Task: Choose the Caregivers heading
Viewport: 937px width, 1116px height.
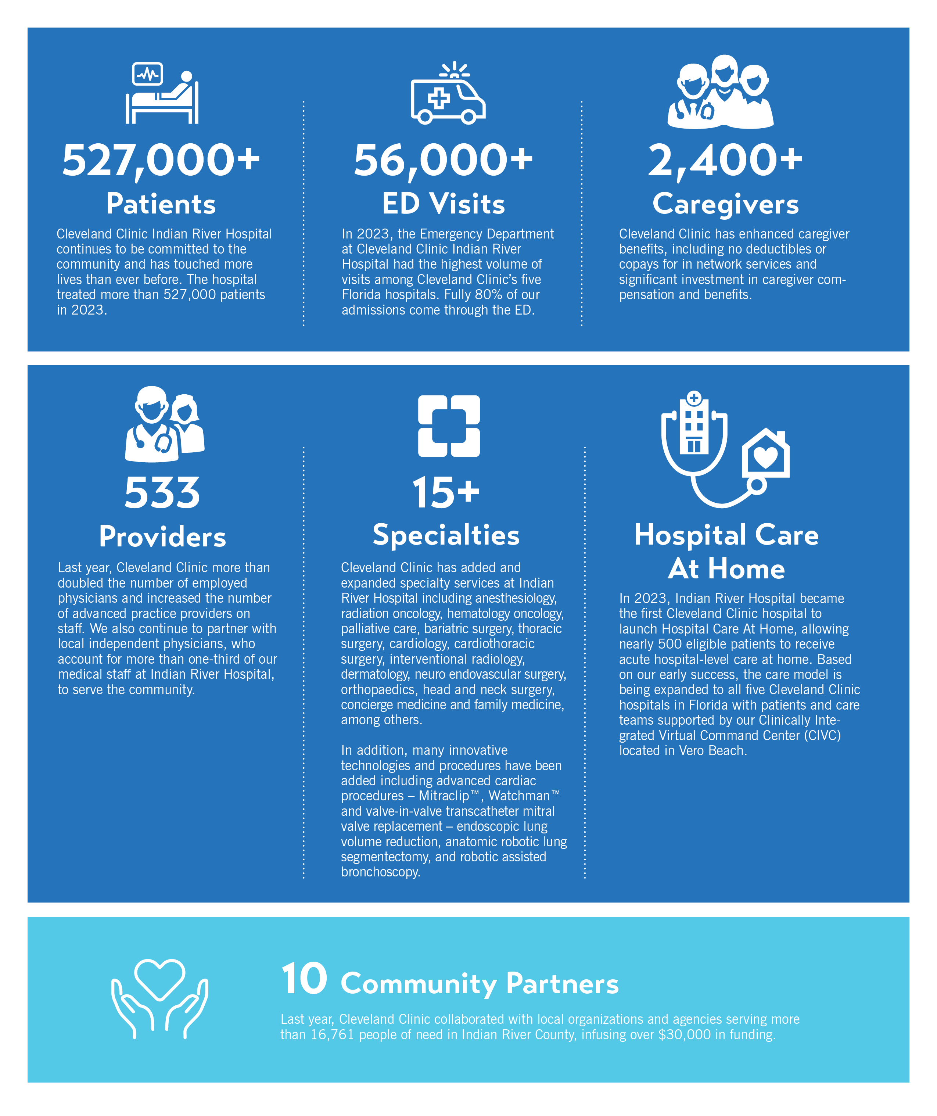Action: tap(725, 204)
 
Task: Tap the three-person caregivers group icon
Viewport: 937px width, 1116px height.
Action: tap(721, 92)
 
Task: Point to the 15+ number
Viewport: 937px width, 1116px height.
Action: tap(445, 493)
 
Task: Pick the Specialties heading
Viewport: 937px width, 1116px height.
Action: tap(446, 535)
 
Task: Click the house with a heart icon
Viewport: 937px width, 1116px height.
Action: tap(765, 453)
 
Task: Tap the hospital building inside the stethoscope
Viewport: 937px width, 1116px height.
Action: tap(694, 425)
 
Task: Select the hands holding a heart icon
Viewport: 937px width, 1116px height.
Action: tap(159, 998)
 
